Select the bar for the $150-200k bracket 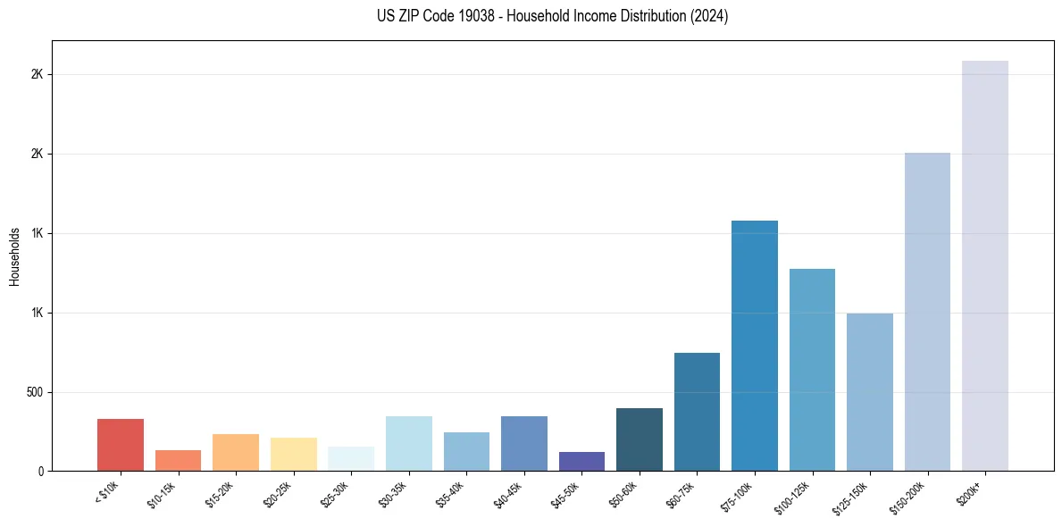tap(927, 312)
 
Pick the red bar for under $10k tap(121, 445)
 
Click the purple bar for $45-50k tap(581, 461)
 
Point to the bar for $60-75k tap(697, 412)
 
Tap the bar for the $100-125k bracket tap(812, 370)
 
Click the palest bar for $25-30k tap(351, 458)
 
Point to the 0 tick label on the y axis tap(40, 471)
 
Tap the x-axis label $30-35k tap(393, 494)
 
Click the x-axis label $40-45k tap(508, 494)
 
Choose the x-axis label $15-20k tap(220, 494)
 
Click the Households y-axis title tap(14, 255)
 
